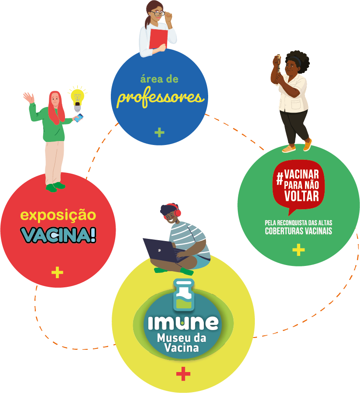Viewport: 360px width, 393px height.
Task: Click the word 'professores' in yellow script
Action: click(x=160, y=97)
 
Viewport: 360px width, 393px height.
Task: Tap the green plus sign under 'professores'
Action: click(x=159, y=132)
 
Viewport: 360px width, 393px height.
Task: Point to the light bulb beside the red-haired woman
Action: click(x=78, y=101)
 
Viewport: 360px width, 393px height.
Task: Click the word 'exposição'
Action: click(x=58, y=215)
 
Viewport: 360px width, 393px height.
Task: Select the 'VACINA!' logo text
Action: click(x=58, y=234)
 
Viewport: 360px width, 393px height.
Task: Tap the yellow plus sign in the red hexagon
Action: click(x=57, y=273)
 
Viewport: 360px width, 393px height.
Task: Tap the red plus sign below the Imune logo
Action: click(x=183, y=374)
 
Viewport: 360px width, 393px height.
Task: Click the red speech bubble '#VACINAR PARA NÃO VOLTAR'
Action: click(x=298, y=183)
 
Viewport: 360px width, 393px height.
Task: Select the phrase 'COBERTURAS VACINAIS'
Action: click(x=298, y=231)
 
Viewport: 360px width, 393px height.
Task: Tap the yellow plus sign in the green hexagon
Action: click(x=298, y=250)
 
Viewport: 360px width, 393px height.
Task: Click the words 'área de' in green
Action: click(x=159, y=79)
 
